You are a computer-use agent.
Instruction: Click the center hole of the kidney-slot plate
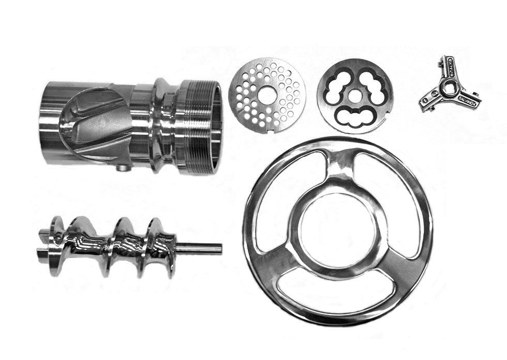(355, 97)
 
